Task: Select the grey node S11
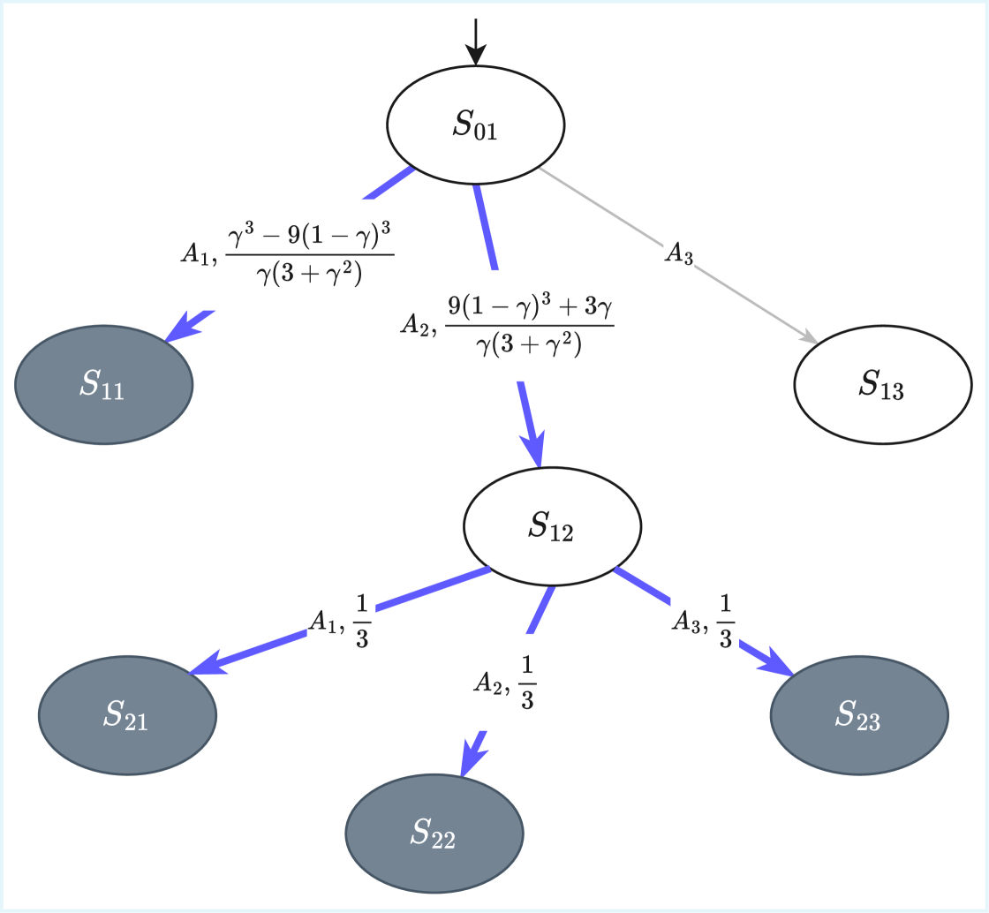pyautogui.click(x=103, y=384)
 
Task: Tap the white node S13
pyautogui.click(x=882, y=385)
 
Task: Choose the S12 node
pyautogui.click(x=553, y=527)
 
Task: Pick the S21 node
pyautogui.click(x=127, y=714)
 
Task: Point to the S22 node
pyautogui.click(x=434, y=832)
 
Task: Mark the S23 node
pyautogui.click(x=859, y=715)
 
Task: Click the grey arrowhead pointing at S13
pyautogui.click(x=807, y=337)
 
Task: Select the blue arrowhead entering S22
pyautogui.click(x=471, y=758)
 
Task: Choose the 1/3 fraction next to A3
pyautogui.click(x=724, y=622)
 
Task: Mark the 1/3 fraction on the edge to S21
pyautogui.click(x=362, y=621)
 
